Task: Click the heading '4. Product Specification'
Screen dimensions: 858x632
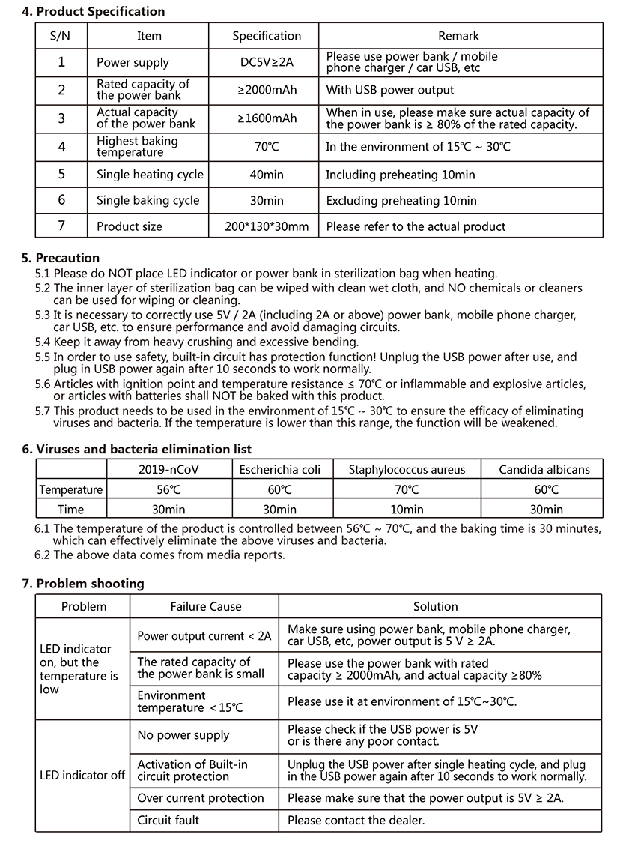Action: [x=93, y=11]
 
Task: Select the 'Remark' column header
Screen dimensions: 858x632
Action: [x=458, y=36]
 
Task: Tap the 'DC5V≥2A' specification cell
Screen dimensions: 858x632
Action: [x=267, y=62]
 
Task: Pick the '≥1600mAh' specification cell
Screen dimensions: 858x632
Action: [x=267, y=118]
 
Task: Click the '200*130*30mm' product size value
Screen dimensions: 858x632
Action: [x=267, y=226]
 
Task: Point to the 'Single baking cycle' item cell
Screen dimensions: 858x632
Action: [x=148, y=200]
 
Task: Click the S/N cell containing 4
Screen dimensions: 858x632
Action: [x=61, y=147]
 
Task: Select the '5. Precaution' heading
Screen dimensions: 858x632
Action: [x=61, y=258]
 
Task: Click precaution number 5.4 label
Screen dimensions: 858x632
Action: [x=43, y=342]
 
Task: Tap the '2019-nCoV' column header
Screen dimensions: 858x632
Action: [x=169, y=470]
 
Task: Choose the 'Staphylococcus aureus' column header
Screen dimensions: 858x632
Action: [x=407, y=470]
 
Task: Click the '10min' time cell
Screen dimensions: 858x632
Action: [x=407, y=510]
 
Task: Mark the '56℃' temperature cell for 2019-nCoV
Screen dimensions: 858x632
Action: [x=169, y=489]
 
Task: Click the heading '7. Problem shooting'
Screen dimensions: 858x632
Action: [x=83, y=583]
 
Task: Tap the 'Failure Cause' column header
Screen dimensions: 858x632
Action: [x=206, y=607]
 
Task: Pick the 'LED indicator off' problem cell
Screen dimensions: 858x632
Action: [x=82, y=775]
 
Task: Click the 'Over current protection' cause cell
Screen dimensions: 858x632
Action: [x=201, y=798]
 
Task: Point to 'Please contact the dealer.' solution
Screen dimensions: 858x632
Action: [x=356, y=821]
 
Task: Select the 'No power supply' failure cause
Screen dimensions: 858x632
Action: [x=183, y=736]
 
